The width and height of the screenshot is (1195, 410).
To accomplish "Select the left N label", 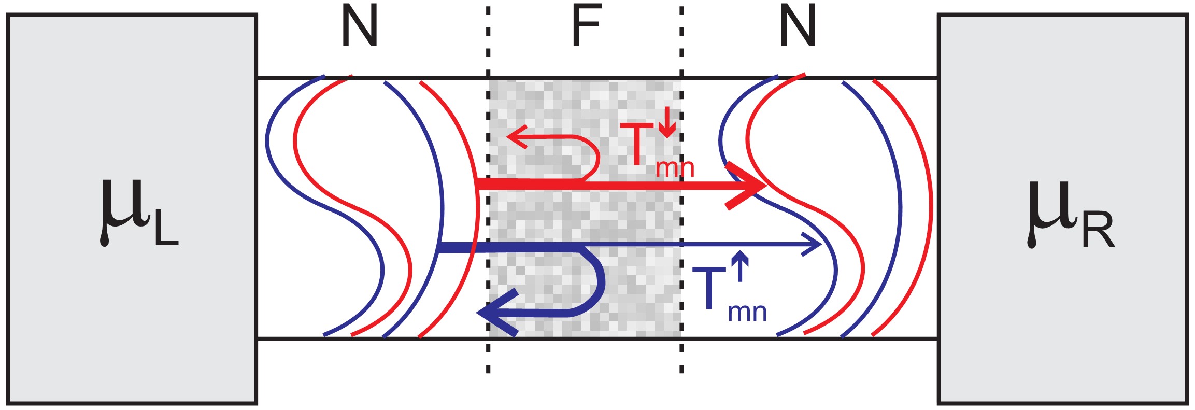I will pos(360,27).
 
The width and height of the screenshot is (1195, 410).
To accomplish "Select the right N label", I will pos(798,27).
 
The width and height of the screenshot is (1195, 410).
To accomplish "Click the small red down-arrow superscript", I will pos(668,122).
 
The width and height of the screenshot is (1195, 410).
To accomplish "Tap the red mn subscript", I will pos(675,168).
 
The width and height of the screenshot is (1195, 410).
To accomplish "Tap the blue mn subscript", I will pos(747,313).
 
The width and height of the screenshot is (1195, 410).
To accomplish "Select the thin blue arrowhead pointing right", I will pos(812,244).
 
